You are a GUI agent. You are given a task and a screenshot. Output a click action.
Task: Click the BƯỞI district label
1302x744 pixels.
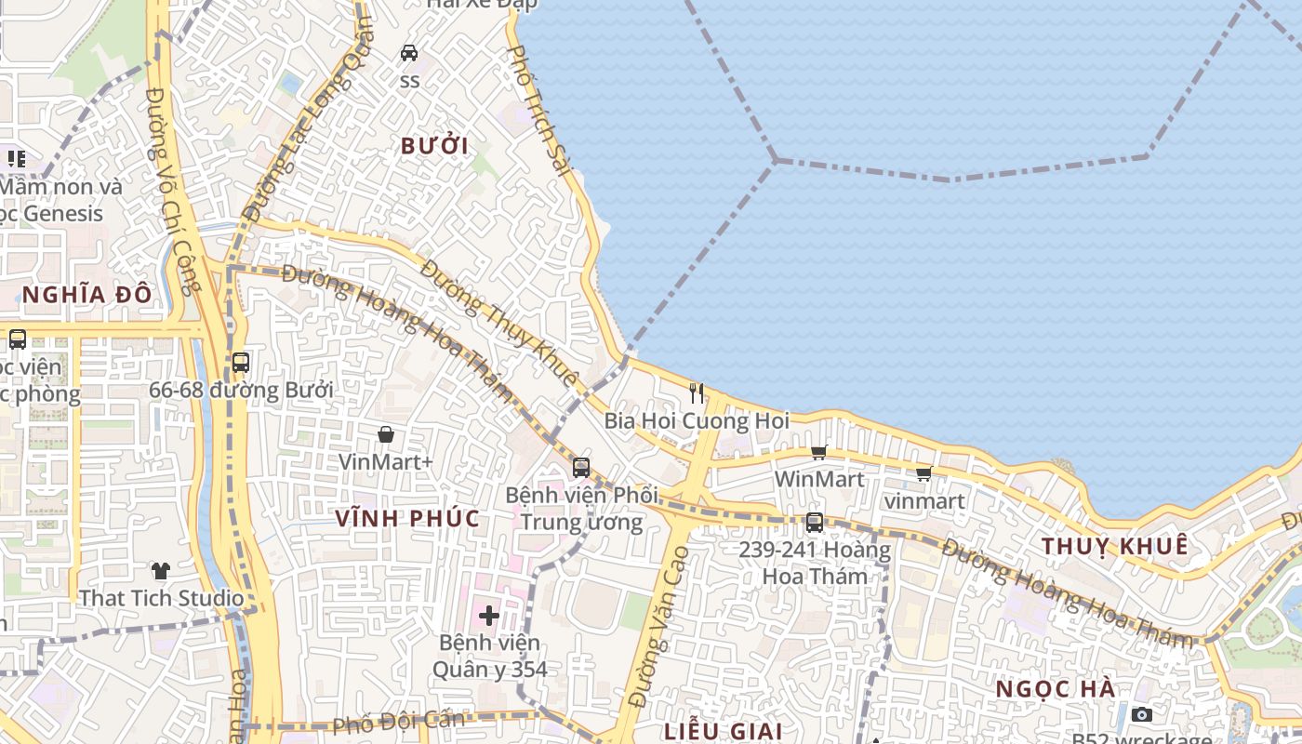pos(434,146)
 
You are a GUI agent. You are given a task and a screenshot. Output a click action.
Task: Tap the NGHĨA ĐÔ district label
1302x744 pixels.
pos(87,295)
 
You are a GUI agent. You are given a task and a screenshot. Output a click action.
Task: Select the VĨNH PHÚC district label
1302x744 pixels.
pos(408,518)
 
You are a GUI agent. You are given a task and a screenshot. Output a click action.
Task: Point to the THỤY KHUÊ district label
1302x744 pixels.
pos(1115,546)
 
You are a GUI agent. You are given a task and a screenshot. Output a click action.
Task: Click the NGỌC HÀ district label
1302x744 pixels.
pos(1056,689)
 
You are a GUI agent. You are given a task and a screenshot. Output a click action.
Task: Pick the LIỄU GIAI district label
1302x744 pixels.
pos(724,731)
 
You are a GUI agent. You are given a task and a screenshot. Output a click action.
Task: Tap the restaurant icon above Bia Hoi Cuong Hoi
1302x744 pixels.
pos(697,393)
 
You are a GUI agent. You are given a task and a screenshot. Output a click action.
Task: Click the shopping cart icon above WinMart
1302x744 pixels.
pos(818,453)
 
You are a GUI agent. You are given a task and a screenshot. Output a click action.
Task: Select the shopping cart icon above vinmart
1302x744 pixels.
pos(923,474)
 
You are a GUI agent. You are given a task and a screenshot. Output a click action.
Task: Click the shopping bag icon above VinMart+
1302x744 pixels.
pos(386,434)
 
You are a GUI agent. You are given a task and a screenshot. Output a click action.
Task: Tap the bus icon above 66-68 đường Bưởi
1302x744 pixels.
pos(241,363)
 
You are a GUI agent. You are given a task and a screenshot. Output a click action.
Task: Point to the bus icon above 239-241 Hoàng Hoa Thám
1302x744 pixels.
pos(815,523)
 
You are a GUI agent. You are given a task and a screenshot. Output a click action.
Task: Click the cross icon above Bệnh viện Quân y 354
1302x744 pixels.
pos(489,615)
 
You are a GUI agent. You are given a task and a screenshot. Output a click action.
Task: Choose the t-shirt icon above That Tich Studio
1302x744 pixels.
pos(161,570)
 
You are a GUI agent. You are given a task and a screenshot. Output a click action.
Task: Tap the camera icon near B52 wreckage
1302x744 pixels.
pos(1142,714)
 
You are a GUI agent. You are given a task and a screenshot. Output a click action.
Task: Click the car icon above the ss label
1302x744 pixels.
pos(409,53)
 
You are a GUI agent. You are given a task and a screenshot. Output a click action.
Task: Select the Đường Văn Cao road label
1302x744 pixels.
pos(658,627)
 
